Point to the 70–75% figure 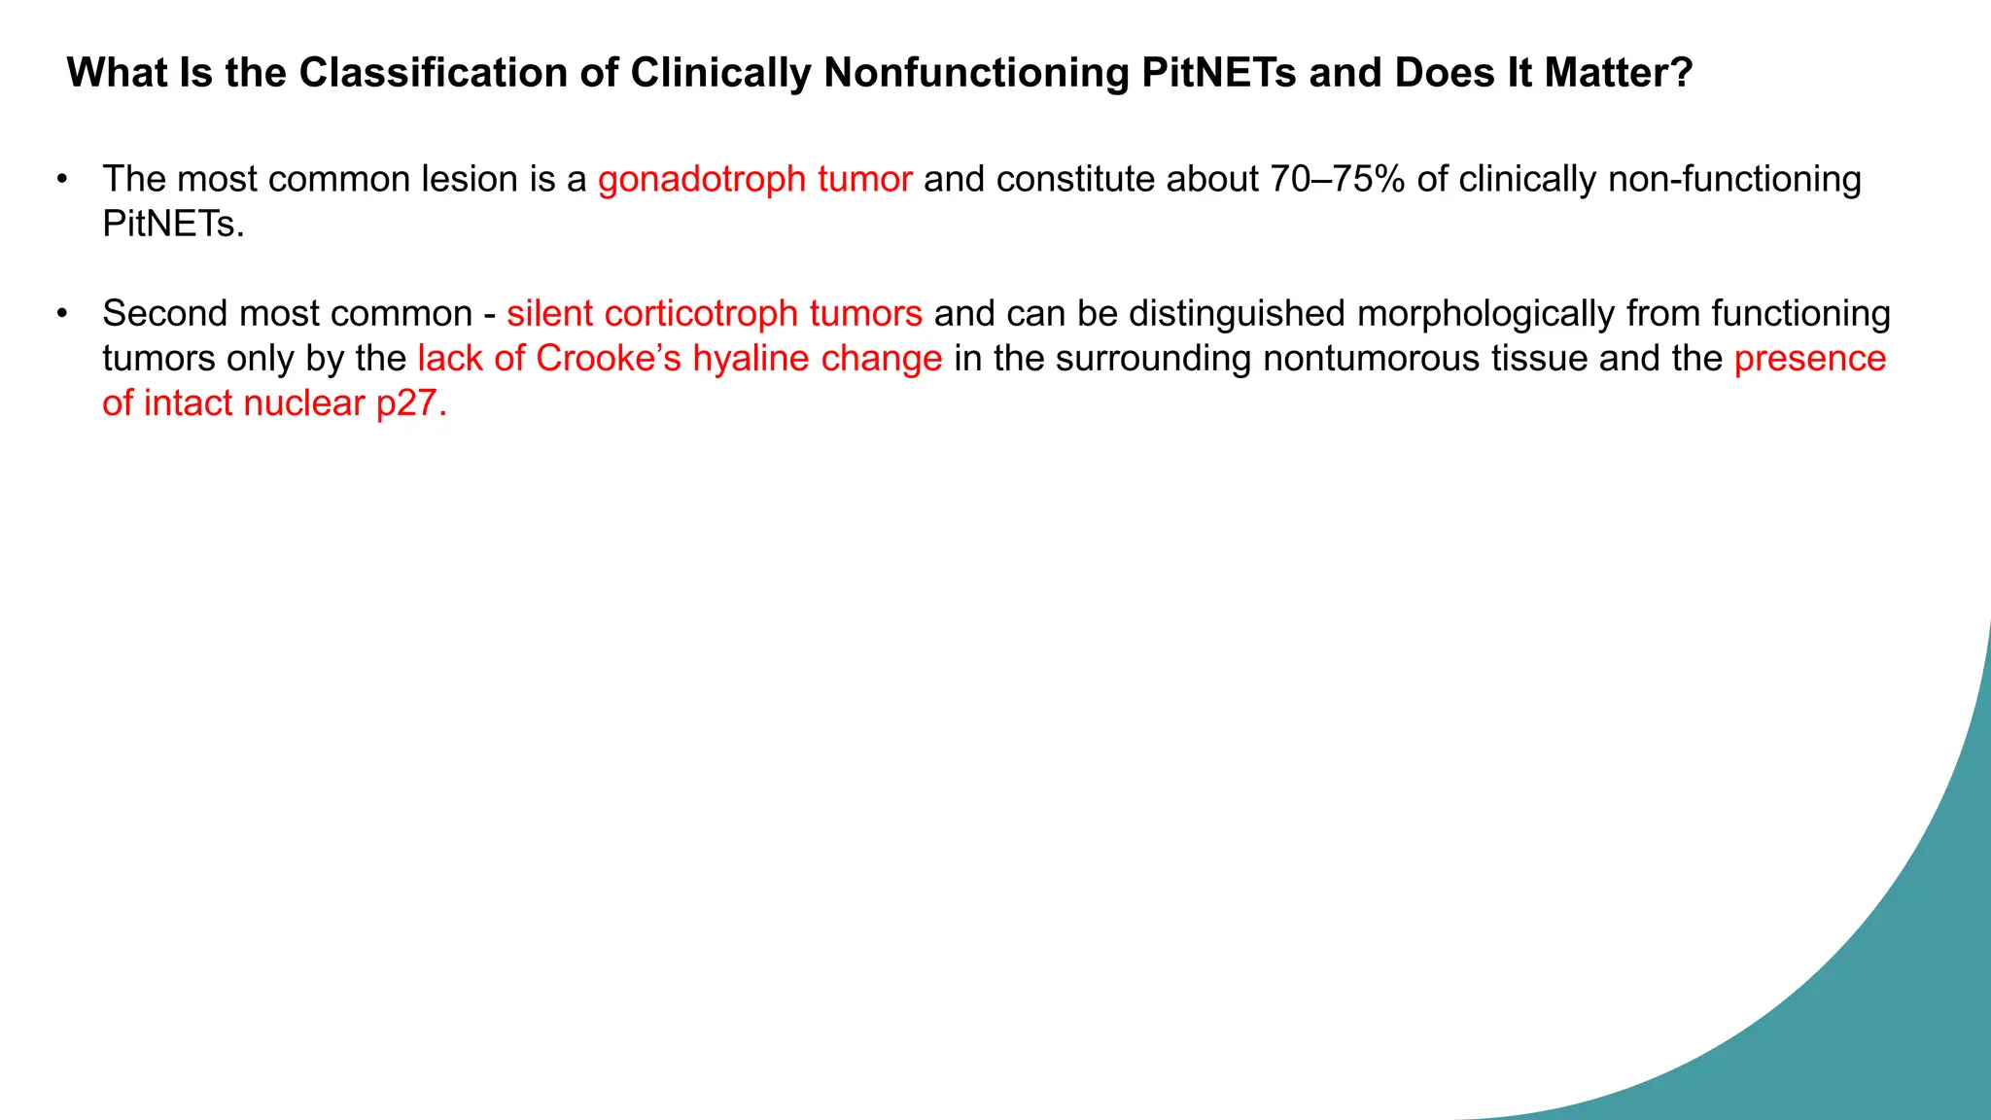[1338, 179]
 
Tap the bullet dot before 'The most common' [62, 179]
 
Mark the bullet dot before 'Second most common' [62, 313]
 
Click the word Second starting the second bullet [164, 313]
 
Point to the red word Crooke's [609, 358]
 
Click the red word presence [1810, 358]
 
